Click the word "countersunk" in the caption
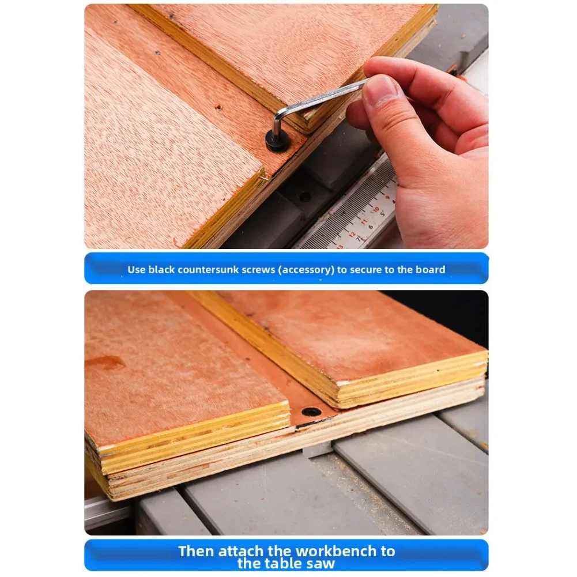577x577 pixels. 216,269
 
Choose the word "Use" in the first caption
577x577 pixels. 137,269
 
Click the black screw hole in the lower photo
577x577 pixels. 312,412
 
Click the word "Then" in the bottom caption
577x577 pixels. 197,551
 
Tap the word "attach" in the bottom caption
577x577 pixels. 243,551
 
